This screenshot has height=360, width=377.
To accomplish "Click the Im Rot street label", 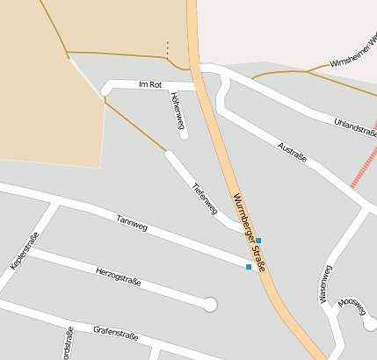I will tap(151, 84).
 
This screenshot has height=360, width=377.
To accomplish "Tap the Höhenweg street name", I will tap(178, 108).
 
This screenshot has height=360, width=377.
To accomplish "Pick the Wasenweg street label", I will tap(325, 284).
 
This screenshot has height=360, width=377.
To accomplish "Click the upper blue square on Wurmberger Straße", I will tap(257, 240).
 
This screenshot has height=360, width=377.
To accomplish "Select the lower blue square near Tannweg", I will tap(249, 267).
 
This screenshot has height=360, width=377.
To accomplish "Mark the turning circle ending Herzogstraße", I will tap(209, 305).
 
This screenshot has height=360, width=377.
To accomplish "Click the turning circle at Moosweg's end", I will tap(370, 324).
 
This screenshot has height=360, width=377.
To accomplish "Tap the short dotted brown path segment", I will tap(167, 48).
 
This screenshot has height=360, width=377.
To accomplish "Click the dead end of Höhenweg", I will tap(184, 134).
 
